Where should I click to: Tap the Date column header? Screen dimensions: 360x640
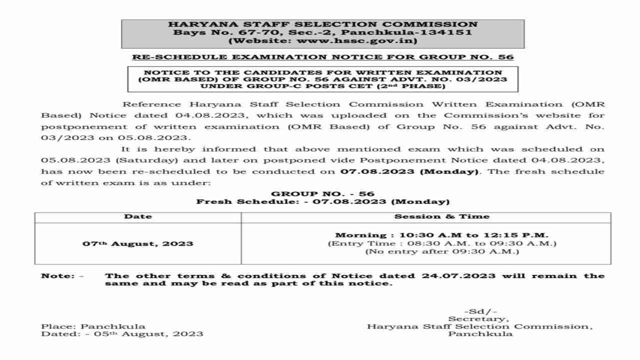137,216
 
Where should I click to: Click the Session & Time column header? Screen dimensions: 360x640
442,216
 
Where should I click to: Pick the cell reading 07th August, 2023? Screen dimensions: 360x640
137,244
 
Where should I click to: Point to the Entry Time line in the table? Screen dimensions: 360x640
442,243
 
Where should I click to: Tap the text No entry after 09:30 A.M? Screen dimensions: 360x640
442,251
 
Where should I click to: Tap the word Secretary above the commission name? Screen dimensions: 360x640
479,318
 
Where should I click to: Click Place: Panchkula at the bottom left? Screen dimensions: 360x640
93,326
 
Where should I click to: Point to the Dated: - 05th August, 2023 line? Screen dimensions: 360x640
122,334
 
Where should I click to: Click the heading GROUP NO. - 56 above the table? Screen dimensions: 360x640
322,193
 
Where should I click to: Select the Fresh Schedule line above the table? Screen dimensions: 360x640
322,202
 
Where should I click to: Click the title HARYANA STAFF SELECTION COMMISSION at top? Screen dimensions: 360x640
322,24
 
